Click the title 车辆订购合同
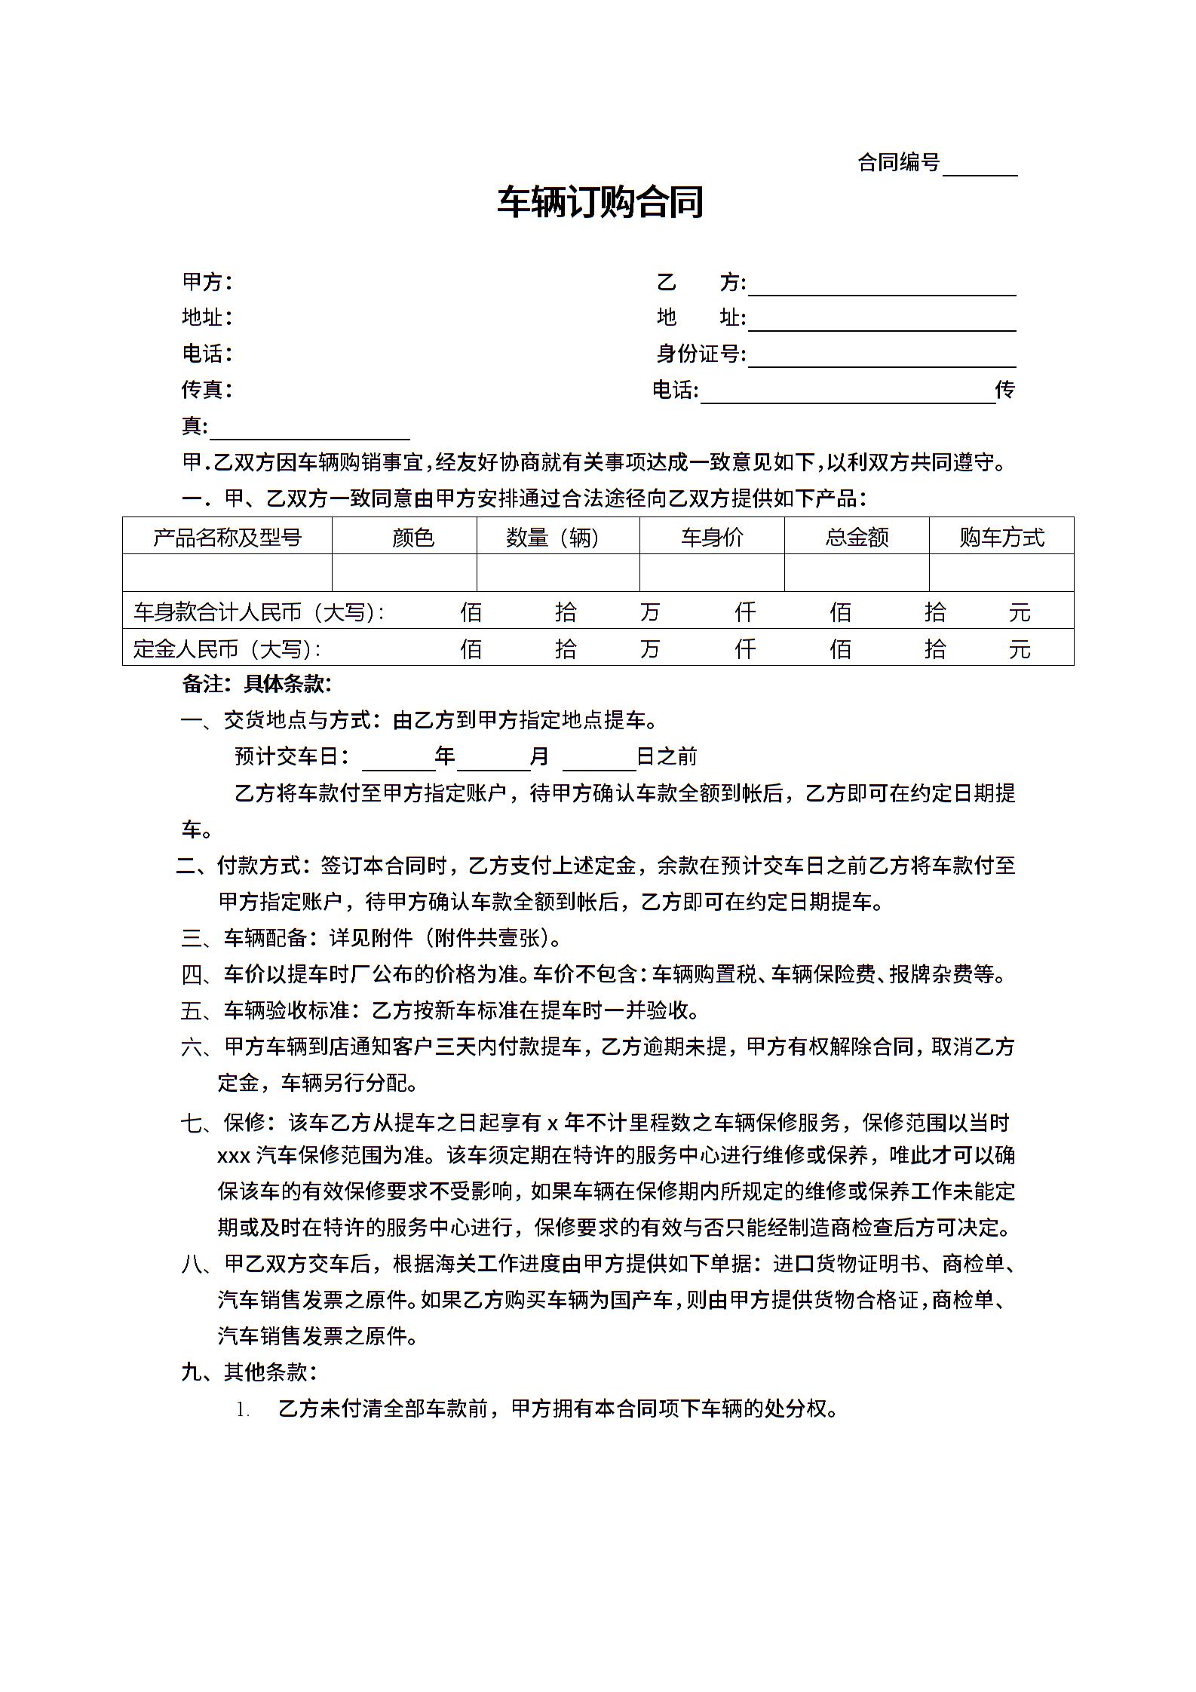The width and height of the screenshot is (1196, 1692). [600, 202]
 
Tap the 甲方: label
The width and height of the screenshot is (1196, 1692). [207, 282]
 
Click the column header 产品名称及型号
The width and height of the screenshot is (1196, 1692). [227, 537]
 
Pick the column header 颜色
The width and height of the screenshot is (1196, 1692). [412, 537]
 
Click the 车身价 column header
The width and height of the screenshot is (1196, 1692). [712, 537]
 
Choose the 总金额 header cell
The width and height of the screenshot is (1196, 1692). [857, 537]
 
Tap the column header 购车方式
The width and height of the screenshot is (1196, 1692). [1001, 537]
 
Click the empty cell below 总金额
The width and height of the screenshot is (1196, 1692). [857, 573]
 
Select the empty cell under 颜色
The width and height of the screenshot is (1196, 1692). [404, 573]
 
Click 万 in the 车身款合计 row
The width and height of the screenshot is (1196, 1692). [649, 611]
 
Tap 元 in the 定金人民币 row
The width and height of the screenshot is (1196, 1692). [1019, 648]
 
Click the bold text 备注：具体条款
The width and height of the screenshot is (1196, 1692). [256, 684]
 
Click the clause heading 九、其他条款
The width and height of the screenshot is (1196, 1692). [248, 1372]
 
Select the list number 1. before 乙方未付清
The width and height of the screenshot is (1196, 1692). [242, 1409]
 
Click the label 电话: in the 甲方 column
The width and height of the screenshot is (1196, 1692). [207, 353]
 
